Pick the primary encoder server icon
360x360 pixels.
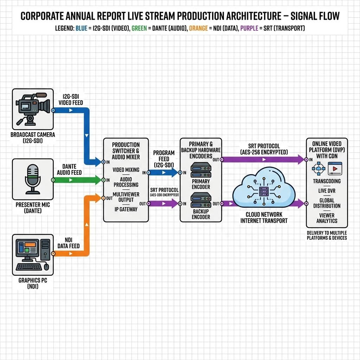tap(201, 170)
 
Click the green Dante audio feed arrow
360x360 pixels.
tap(77, 180)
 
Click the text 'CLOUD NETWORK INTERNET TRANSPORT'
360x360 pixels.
tap(264, 218)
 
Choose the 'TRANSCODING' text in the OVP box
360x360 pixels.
tap(327, 181)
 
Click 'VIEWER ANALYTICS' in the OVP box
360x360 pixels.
tap(327, 218)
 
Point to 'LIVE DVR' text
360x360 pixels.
tap(327, 191)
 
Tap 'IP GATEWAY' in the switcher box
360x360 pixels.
tap(126, 209)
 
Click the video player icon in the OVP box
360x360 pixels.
tap(335, 169)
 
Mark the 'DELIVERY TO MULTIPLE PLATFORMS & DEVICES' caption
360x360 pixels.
tap(327, 235)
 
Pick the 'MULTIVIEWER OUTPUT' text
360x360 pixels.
tap(126, 197)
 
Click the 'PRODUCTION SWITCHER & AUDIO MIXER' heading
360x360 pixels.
tap(126, 150)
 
